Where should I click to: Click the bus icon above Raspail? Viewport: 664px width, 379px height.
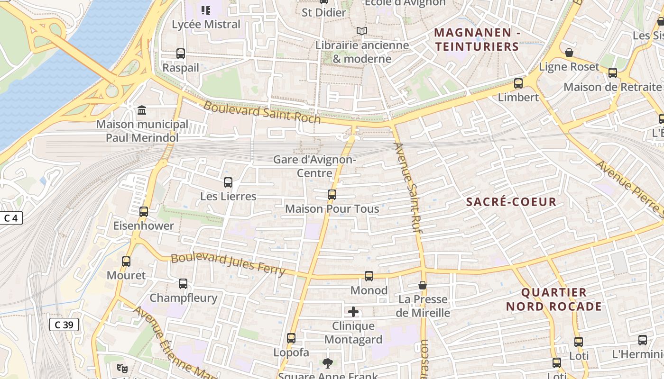click(181, 54)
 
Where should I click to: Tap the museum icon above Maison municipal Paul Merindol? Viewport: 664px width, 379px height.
click(141, 110)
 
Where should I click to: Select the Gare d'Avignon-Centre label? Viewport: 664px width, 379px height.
click(314, 166)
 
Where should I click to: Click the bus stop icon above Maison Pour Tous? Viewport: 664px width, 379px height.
click(332, 195)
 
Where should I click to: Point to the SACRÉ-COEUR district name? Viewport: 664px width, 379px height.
click(511, 202)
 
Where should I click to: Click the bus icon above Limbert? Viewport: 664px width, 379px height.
click(518, 83)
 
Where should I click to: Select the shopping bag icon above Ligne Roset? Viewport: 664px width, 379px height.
click(569, 53)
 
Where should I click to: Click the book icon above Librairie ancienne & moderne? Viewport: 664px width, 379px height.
click(362, 31)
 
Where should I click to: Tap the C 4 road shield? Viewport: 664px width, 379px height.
click(10, 218)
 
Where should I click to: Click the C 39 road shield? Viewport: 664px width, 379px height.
click(64, 325)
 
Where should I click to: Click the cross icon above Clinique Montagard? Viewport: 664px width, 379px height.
click(353, 312)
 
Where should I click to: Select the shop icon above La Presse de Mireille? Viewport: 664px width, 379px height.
click(423, 285)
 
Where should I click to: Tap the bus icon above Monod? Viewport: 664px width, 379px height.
click(369, 276)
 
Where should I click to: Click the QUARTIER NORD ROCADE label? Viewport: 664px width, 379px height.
click(553, 299)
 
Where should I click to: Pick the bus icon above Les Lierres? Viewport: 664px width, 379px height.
click(228, 182)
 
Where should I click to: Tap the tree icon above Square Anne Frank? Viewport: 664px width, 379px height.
click(327, 363)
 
